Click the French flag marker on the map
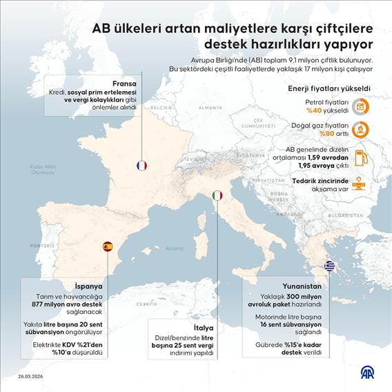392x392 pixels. [142, 166]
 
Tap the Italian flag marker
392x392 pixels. [217, 196]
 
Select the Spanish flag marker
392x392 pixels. [108, 246]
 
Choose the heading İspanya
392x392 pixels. [89, 285]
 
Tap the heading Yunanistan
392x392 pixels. [302, 285]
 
